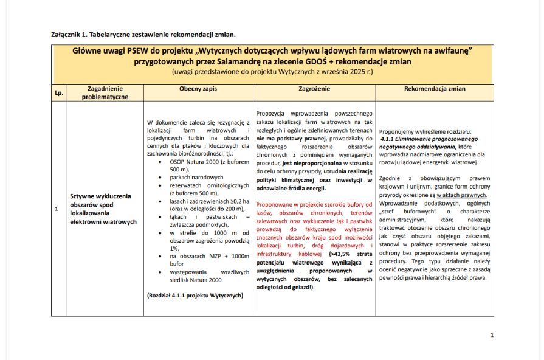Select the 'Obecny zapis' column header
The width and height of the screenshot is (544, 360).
tap(198, 89)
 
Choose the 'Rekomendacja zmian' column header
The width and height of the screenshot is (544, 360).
tap(435, 89)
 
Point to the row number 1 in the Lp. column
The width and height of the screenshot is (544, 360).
tap(57, 209)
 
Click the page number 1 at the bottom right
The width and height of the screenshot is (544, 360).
tap(492, 335)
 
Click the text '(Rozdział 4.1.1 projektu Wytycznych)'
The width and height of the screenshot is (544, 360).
tap(195, 296)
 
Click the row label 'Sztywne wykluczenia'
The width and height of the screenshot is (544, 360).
tap(100, 197)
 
